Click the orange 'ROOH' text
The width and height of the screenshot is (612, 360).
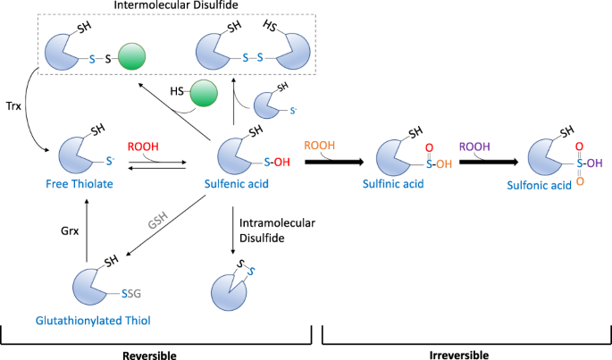tap(321, 145)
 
